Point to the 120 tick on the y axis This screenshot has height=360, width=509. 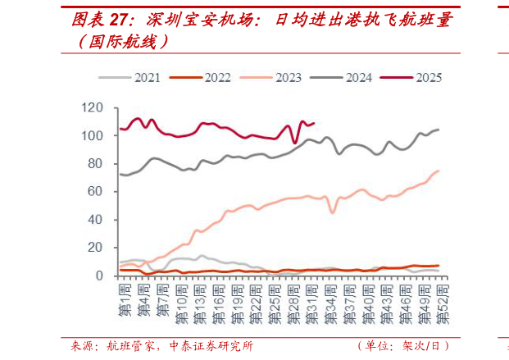pyautogui.click(x=93, y=107)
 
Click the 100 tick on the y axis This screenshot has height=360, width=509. pyautogui.click(x=93, y=135)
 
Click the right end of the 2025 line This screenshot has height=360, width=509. pyautogui.click(x=315, y=123)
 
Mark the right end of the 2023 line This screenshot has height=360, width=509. pyautogui.click(x=439, y=171)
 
